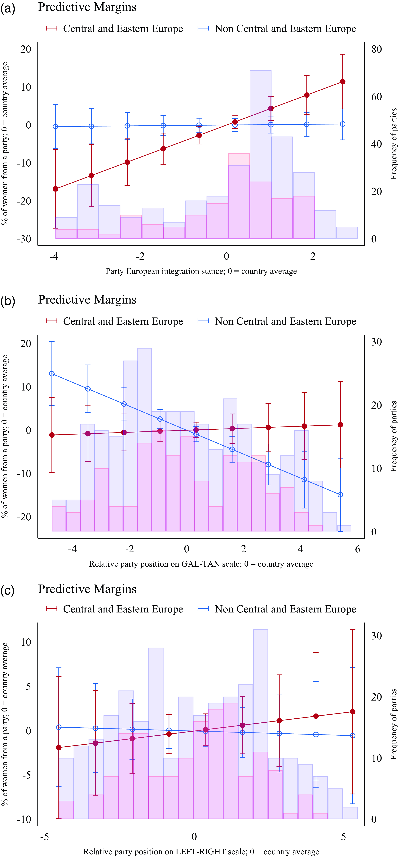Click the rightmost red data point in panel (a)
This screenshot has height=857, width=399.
pos(342,82)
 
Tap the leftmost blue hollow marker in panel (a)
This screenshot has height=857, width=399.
pos(56,126)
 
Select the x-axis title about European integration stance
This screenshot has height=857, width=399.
pos(201,271)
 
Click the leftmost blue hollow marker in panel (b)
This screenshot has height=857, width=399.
pos(52,374)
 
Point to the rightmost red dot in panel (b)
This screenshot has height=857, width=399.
pos(340,425)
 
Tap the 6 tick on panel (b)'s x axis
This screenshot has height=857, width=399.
pos(357,549)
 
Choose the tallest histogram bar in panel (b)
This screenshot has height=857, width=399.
pos(144,439)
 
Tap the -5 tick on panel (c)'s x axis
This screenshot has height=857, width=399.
pos(45,837)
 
